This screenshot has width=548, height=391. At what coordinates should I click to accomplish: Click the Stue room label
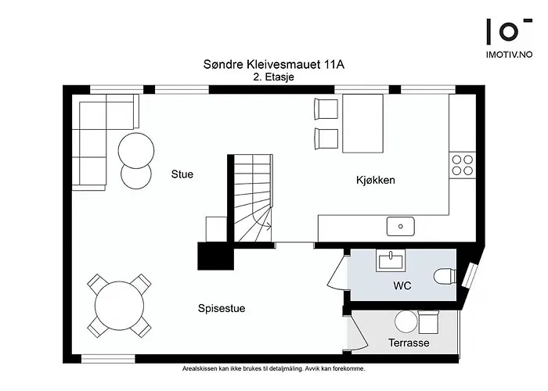pos(182,174)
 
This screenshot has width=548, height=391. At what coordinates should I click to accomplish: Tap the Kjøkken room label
pos(375,180)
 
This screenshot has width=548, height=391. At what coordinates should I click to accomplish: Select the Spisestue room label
pos(222,308)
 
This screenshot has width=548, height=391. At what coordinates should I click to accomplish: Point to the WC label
pos(402,286)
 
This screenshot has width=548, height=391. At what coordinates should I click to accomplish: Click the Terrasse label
pos(409,343)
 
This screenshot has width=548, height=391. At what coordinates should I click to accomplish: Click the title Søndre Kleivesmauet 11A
pos(272,66)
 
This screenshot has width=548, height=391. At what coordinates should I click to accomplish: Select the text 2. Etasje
pos(272,78)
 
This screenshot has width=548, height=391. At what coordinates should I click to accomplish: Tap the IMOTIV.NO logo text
pos(509,55)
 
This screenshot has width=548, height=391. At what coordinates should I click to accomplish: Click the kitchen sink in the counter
pos(400,227)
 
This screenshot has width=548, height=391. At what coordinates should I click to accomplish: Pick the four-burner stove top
pos(462,164)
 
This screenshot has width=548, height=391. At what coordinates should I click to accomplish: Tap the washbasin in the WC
pos(389,260)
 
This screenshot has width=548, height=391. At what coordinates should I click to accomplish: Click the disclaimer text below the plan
pos(272,368)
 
